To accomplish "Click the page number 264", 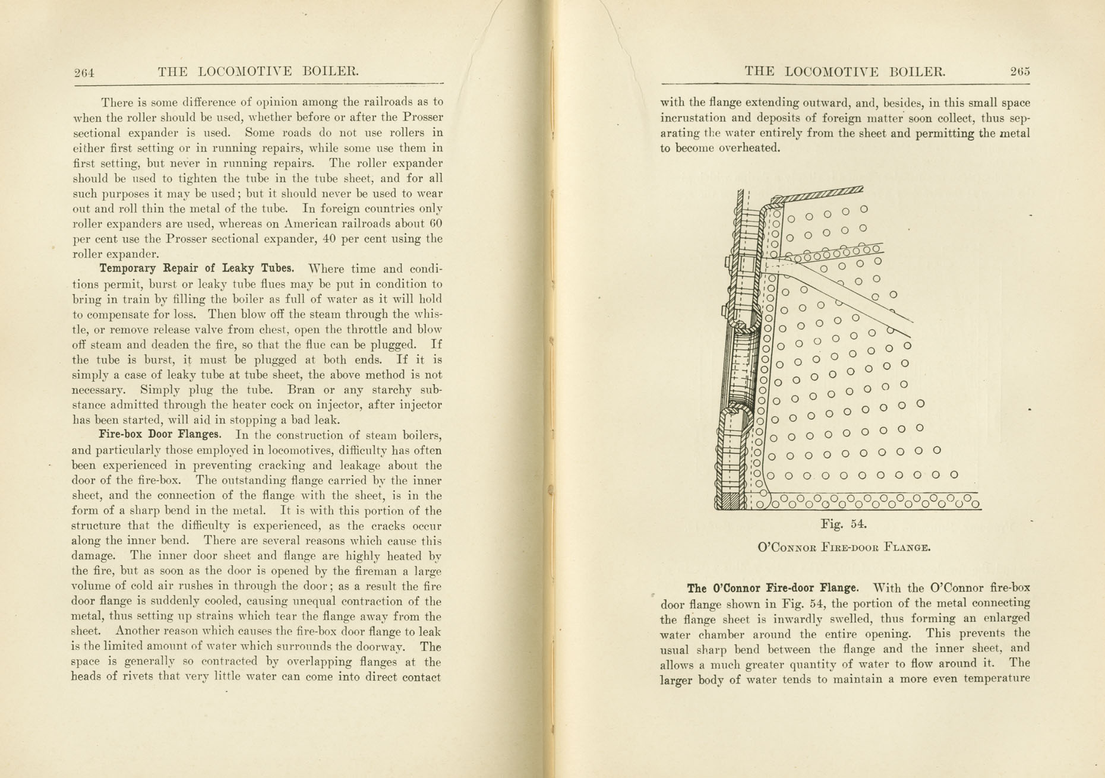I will tap(84, 73).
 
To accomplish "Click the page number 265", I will tap(1019, 72).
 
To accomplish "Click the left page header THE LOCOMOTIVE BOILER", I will tap(258, 72).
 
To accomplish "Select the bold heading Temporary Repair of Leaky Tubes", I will tap(197, 268).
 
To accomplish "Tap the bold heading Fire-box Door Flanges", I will tap(160, 434).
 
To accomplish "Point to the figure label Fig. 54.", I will tap(844, 524).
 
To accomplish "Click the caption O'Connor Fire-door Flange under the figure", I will tap(844, 547).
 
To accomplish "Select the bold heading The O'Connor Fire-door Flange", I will tap(772, 589).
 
